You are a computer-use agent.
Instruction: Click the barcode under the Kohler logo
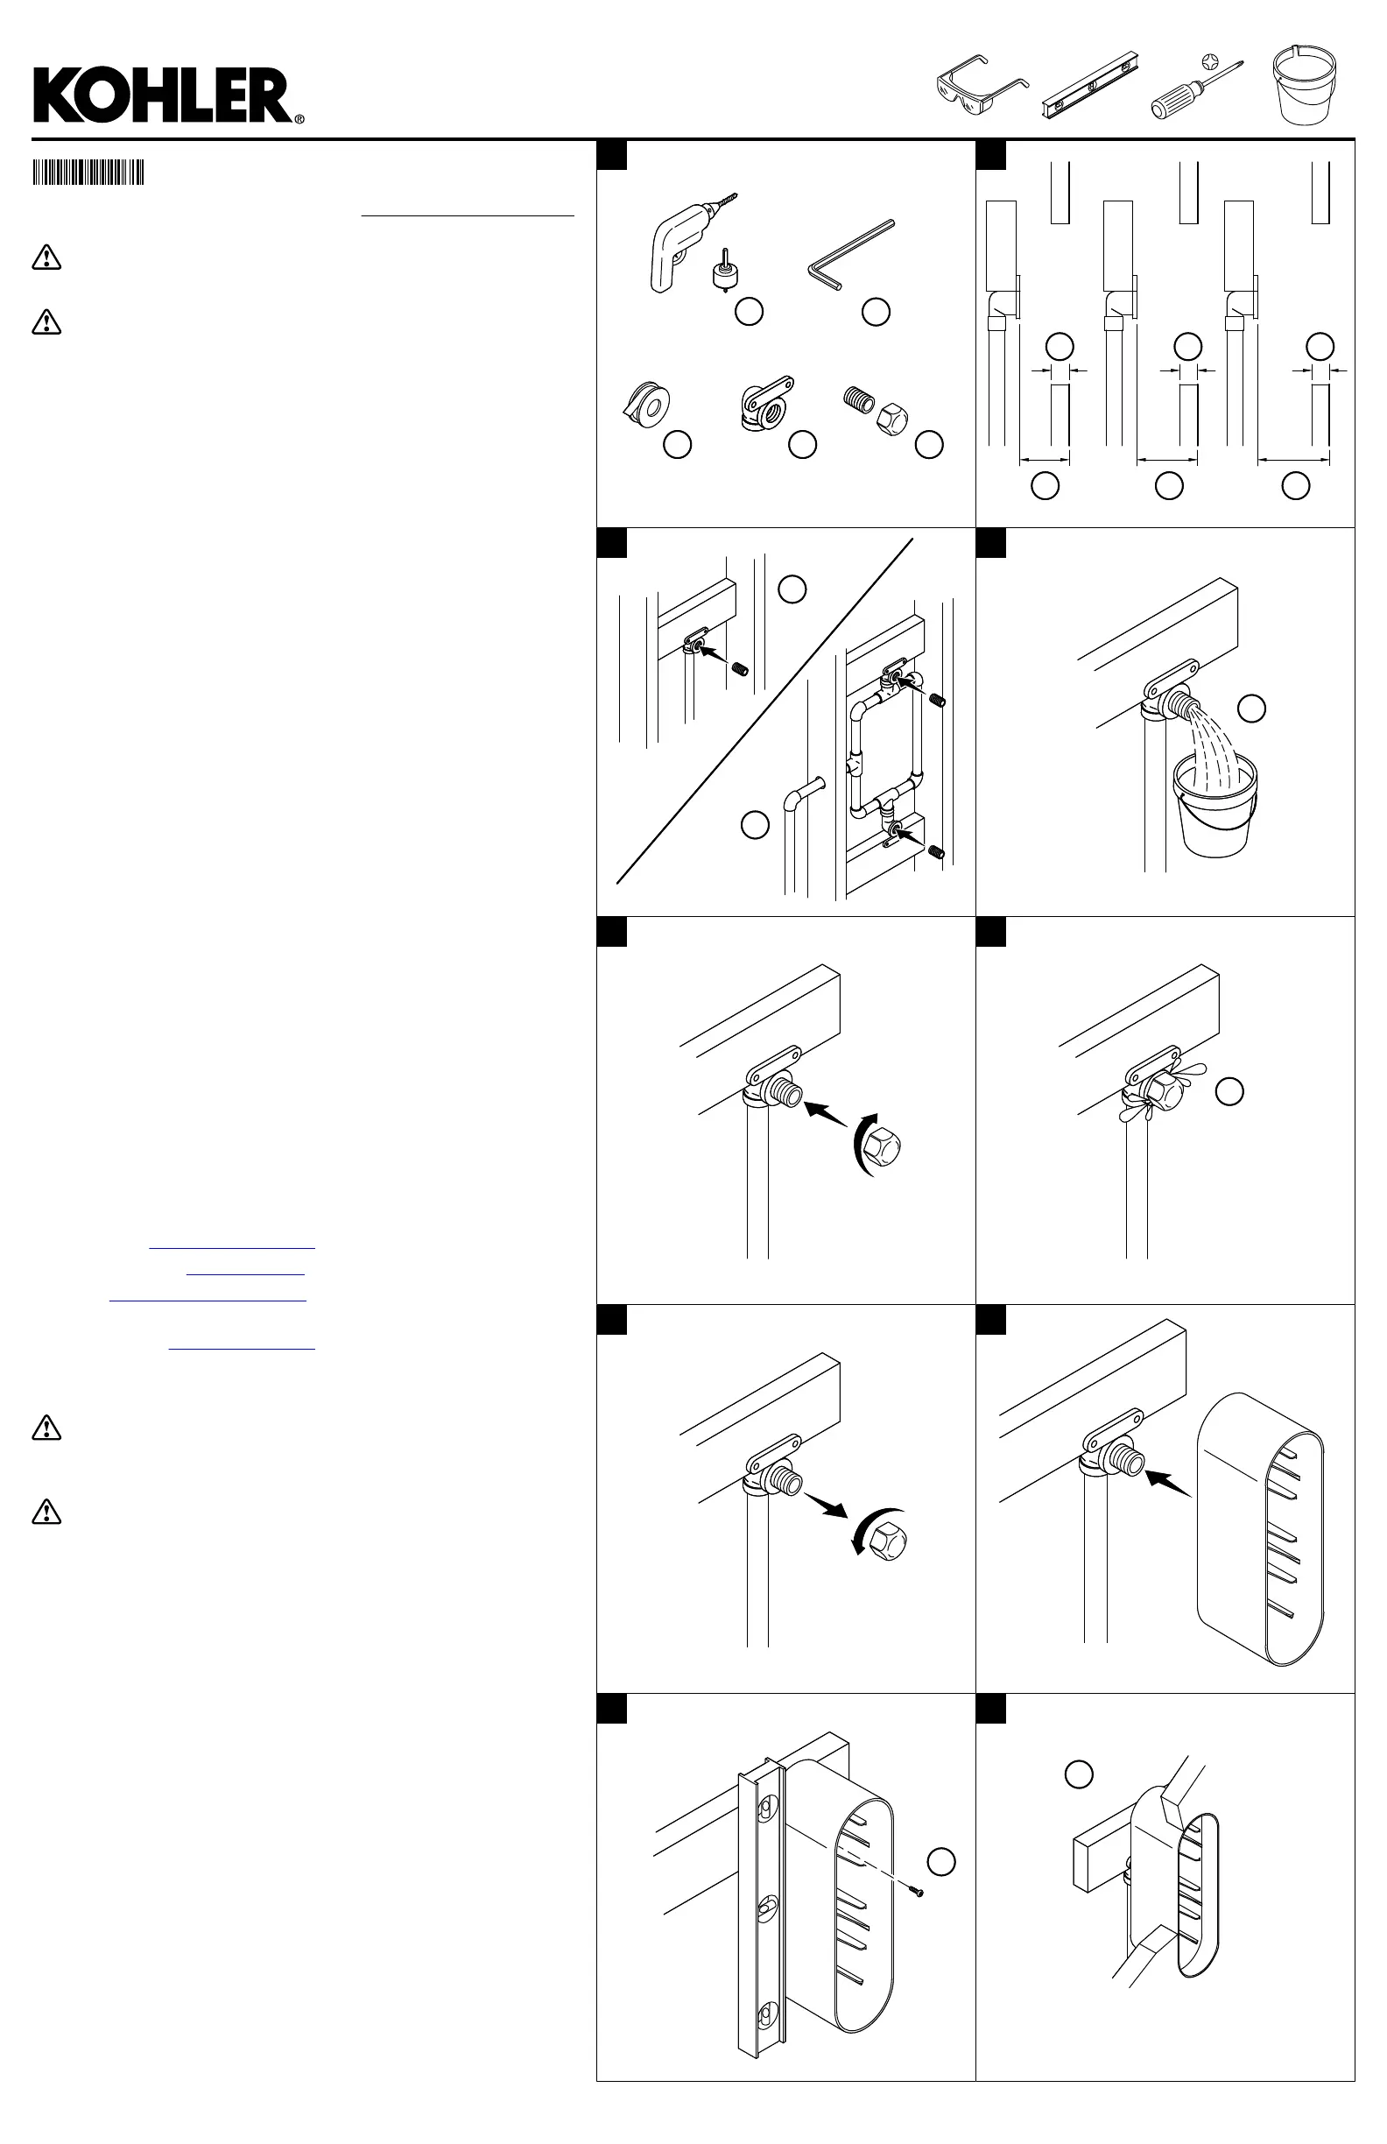[x=88, y=172]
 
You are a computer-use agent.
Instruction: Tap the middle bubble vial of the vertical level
[x=765, y=1904]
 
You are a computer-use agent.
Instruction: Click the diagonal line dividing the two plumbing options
[x=765, y=712]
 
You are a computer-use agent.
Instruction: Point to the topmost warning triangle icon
[x=46, y=257]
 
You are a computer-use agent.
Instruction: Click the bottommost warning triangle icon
[x=46, y=1511]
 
